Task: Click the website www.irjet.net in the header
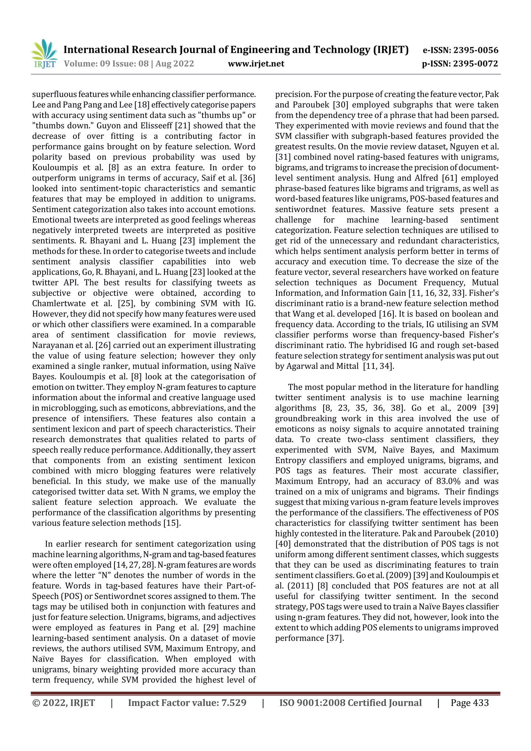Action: point(256,64)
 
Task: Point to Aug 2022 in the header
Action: point(175,64)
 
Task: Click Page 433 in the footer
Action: point(470,703)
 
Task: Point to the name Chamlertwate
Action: point(59,304)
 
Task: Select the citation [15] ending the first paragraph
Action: point(171,523)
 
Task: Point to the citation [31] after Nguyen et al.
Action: point(283,157)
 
